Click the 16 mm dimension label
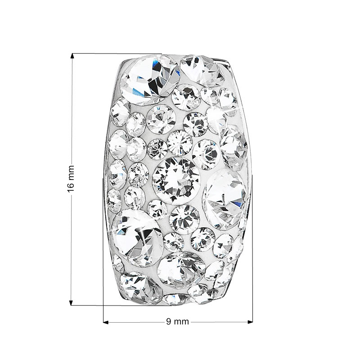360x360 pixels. point(71,179)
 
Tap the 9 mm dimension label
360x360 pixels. point(177,322)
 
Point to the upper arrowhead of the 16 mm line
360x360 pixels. point(72,56)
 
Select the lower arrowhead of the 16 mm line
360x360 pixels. point(71,302)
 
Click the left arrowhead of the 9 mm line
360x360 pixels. point(106,322)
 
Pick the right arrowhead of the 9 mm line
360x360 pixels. point(250,322)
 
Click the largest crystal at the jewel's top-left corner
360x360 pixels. point(150,80)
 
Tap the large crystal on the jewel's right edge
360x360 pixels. point(225,199)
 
